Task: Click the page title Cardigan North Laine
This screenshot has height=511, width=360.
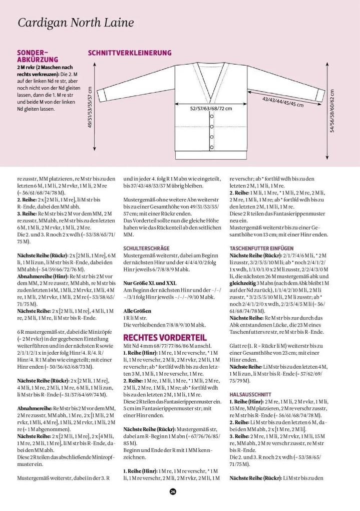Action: click(x=76, y=23)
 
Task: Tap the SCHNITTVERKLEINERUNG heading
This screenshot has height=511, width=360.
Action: click(x=130, y=53)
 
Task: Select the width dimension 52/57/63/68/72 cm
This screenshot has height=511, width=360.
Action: click(x=211, y=108)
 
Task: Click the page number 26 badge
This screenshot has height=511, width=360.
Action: click(x=172, y=491)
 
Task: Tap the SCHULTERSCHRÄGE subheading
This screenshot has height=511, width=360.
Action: click(x=146, y=248)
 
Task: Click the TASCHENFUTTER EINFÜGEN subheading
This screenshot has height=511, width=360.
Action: click(x=262, y=248)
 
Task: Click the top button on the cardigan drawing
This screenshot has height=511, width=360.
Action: click(x=211, y=115)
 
